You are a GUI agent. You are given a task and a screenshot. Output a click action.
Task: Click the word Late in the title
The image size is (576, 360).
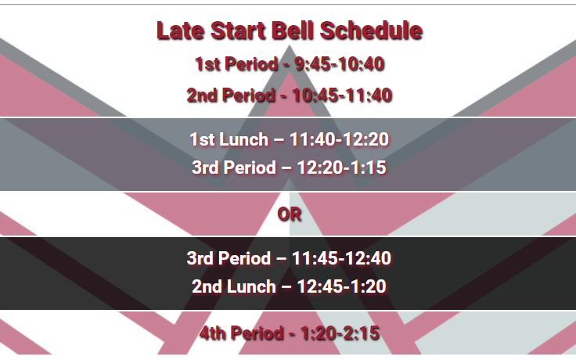(180, 30)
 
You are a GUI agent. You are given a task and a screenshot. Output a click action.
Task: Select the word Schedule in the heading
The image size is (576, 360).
(371, 30)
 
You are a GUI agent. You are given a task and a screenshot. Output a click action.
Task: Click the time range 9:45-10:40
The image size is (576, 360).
(340, 64)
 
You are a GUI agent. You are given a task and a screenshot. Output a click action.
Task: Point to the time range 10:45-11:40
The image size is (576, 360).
(342, 95)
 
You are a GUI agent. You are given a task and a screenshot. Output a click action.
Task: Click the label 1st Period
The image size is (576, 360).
(236, 64)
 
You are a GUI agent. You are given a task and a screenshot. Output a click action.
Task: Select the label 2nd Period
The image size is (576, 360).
(231, 95)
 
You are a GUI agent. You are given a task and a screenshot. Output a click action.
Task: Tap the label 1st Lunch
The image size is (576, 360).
(229, 139)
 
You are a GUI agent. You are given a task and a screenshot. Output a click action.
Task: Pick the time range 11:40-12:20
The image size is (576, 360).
(339, 139)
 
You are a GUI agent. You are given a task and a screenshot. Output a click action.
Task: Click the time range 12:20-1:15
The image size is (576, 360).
(341, 167)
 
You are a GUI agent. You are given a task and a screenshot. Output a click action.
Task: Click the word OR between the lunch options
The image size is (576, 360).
(290, 214)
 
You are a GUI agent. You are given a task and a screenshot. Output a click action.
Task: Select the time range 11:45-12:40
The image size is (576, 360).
(341, 258)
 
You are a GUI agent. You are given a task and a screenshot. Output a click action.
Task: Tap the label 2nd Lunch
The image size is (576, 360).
(234, 286)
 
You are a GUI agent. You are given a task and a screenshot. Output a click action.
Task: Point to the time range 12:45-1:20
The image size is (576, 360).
(341, 286)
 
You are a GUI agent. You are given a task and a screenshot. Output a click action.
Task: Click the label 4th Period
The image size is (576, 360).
(241, 333)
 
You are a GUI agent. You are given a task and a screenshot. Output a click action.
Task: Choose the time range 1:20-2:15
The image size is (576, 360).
(340, 333)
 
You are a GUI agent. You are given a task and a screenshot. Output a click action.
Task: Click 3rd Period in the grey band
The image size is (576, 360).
(234, 167)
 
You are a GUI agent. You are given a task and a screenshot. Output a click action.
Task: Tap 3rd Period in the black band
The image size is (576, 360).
(229, 258)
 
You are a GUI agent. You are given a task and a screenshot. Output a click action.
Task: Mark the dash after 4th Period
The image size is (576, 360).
(292, 334)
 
